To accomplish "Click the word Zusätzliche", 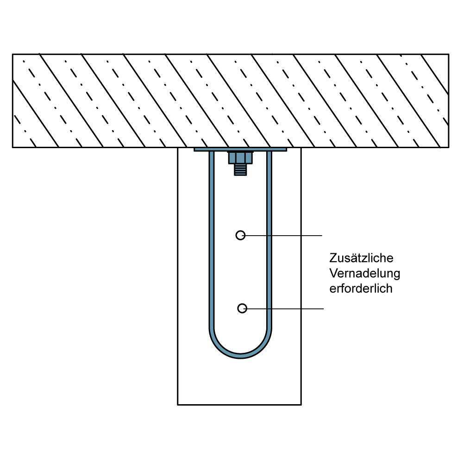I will (x=361, y=258).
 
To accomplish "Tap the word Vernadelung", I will (x=364, y=273).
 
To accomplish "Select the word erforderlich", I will (x=361, y=288).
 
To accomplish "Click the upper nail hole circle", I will (x=240, y=235).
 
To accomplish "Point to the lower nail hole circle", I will (x=242, y=308).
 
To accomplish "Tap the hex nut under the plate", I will (x=240, y=158).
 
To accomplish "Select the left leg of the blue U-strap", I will (x=212, y=241).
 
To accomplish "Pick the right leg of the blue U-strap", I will (x=269, y=241).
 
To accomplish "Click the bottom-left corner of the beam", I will (x=178, y=405).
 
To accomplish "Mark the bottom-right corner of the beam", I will (x=301, y=405).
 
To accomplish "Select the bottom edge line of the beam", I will (x=239, y=405).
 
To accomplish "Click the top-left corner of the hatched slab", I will (x=13, y=55).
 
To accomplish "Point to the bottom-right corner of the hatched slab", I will (x=448, y=147).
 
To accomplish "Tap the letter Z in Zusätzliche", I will (x=333, y=258).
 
